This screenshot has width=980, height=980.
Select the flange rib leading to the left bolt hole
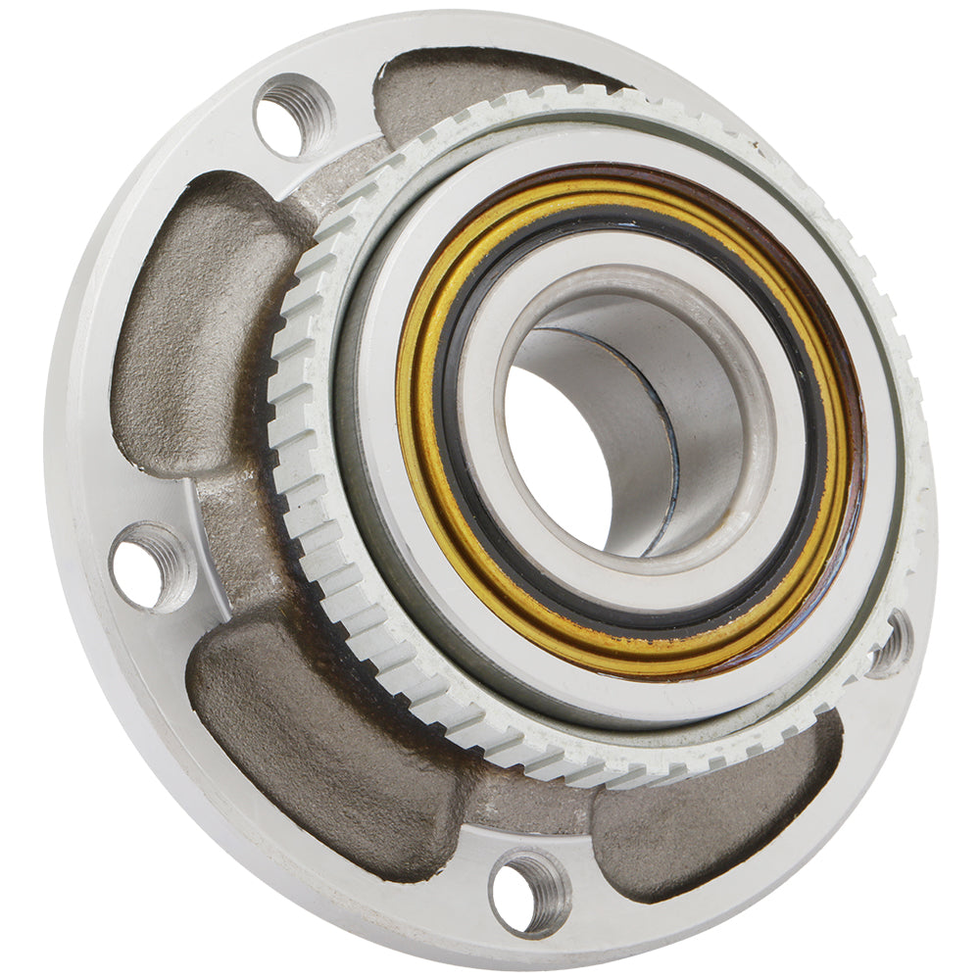[x=225, y=529]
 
